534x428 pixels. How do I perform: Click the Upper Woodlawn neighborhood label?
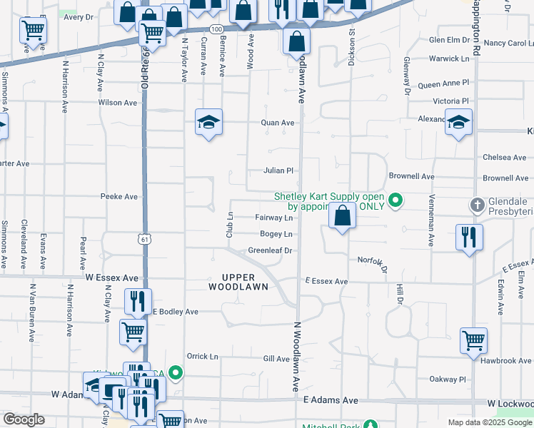click(238, 282)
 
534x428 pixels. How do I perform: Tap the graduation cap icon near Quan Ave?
click(209, 123)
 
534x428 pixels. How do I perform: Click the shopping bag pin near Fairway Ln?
click(343, 215)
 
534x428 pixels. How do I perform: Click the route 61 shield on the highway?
click(145, 240)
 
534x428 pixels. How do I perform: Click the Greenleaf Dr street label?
click(271, 250)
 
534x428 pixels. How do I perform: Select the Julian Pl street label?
click(278, 170)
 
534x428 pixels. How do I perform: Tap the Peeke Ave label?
click(119, 196)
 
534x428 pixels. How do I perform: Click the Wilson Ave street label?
click(117, 103)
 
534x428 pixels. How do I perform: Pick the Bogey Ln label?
click(276, 234)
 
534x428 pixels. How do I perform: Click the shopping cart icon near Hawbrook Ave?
click(473, 340)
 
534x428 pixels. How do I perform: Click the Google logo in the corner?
click(24, 419)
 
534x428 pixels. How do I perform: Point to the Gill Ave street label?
click(276, 359)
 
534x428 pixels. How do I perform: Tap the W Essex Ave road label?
click(111, 276)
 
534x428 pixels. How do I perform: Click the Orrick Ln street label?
click(202, 356)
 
